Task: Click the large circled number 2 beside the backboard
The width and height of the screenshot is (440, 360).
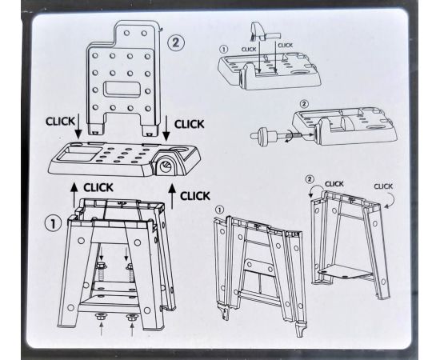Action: [x=176, y=42]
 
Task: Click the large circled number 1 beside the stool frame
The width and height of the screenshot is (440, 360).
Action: [x=53, y=223]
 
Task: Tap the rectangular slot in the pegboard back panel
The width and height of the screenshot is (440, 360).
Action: [x=122, y=90]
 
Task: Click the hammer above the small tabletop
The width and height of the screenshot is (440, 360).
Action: [x=262, y=31]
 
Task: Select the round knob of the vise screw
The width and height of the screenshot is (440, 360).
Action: [x=263, y=137]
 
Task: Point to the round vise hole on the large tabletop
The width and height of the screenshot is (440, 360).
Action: [x=165, y=166]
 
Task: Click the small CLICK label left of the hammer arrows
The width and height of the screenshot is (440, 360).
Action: [x=249, y=50]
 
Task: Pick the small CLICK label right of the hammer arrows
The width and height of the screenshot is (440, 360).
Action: [x=285, y=45]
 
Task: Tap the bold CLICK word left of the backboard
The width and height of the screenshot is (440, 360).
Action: [x=60, y=122]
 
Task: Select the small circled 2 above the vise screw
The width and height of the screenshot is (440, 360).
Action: [x=304, y=104]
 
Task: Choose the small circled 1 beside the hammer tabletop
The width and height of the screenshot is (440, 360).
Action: [x=224, y=50]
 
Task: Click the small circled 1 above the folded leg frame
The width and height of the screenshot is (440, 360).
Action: [x=219, y=210]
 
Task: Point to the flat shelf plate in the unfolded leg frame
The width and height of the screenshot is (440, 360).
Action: [x=346, y=271]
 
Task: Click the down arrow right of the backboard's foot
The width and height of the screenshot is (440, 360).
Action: [x=166, y=128]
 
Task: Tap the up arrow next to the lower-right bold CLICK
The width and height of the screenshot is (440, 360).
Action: [x=172, y=197]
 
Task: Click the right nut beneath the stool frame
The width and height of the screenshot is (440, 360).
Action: [x=131, y=318]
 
